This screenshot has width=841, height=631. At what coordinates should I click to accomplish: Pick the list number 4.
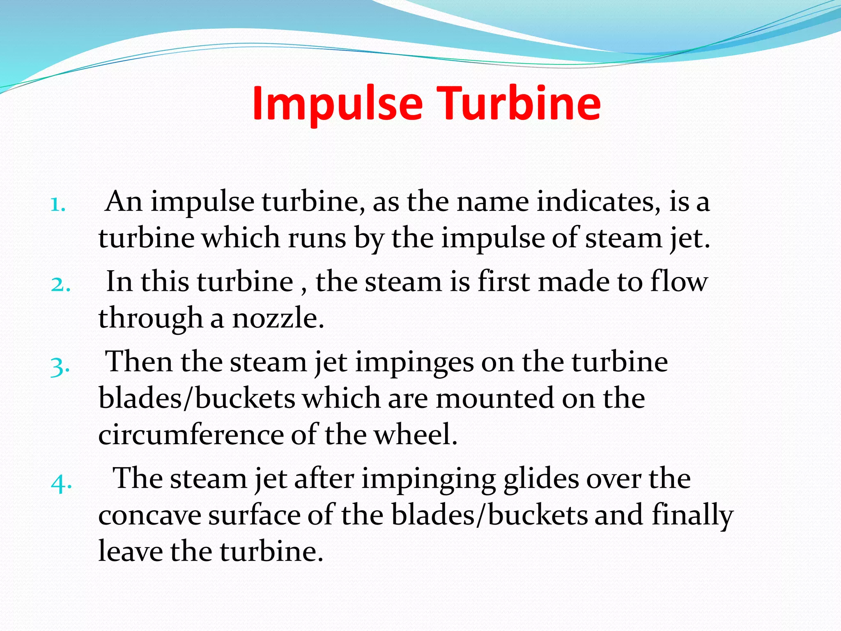point(61,483)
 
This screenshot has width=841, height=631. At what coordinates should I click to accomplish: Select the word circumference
point(191,435)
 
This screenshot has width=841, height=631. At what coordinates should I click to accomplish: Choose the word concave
point(150,515)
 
